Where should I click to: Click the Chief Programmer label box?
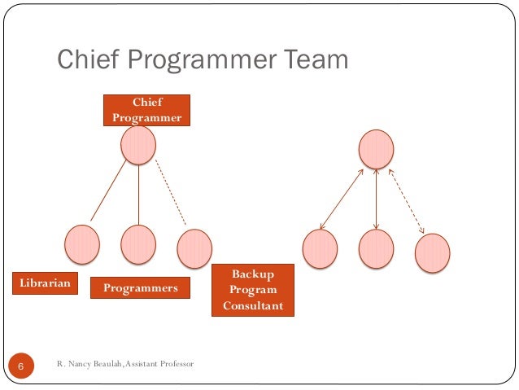click(x=146, y=110)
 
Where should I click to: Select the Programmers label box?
click(x=139, y=288)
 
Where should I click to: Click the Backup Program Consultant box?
click(x=252, y=290)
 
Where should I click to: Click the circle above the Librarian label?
click(x=82, y=244)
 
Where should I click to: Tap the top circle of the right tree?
click(x=376, y=150)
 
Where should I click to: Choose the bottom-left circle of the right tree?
click(x=320, y=249)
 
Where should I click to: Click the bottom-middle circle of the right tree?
click(x=376, y=249)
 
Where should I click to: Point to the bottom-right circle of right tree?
click(x=432, y=252)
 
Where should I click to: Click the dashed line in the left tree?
click(x=171, y=195)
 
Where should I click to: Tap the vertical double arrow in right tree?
click(x=376, y=199)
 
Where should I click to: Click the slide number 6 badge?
click(x=21, y=368)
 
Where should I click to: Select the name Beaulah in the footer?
click(x=106, y=363)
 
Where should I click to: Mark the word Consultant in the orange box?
click(x=252, y=306)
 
